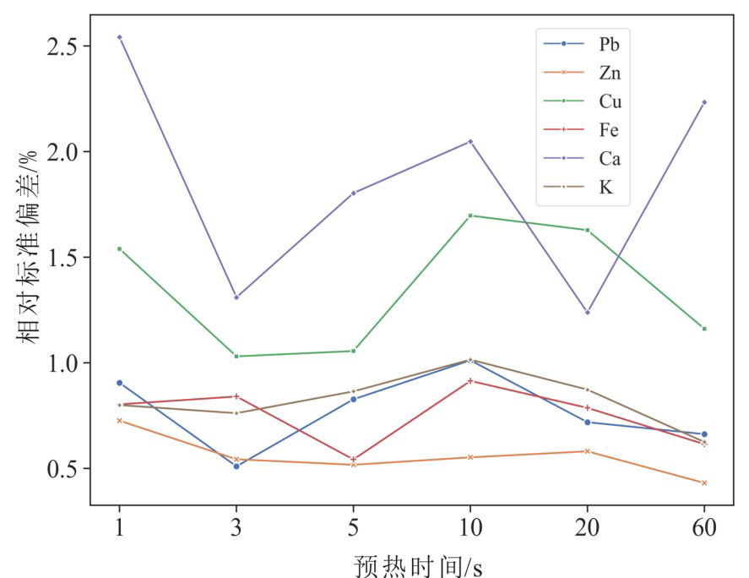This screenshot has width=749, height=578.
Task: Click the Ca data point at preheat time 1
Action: (x=119, y=37)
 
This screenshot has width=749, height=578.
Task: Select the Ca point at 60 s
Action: (x=704, y=102)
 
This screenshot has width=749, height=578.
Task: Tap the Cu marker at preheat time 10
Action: (x=470, y=215)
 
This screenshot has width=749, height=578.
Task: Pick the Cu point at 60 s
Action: (x=704, y=328)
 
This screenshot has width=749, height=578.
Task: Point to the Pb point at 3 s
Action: (x=236, y=466)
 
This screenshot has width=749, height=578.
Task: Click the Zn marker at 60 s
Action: (x=704, y=483)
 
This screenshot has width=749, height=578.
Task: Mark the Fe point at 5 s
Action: (x=353, y=460)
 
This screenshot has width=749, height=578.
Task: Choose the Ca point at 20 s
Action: (x=587, y=313)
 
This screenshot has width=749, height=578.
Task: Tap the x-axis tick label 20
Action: (x=587, y=530)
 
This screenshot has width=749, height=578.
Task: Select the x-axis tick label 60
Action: (x=704, y=530)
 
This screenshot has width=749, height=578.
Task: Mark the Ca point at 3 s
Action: (x=236, y=297)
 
